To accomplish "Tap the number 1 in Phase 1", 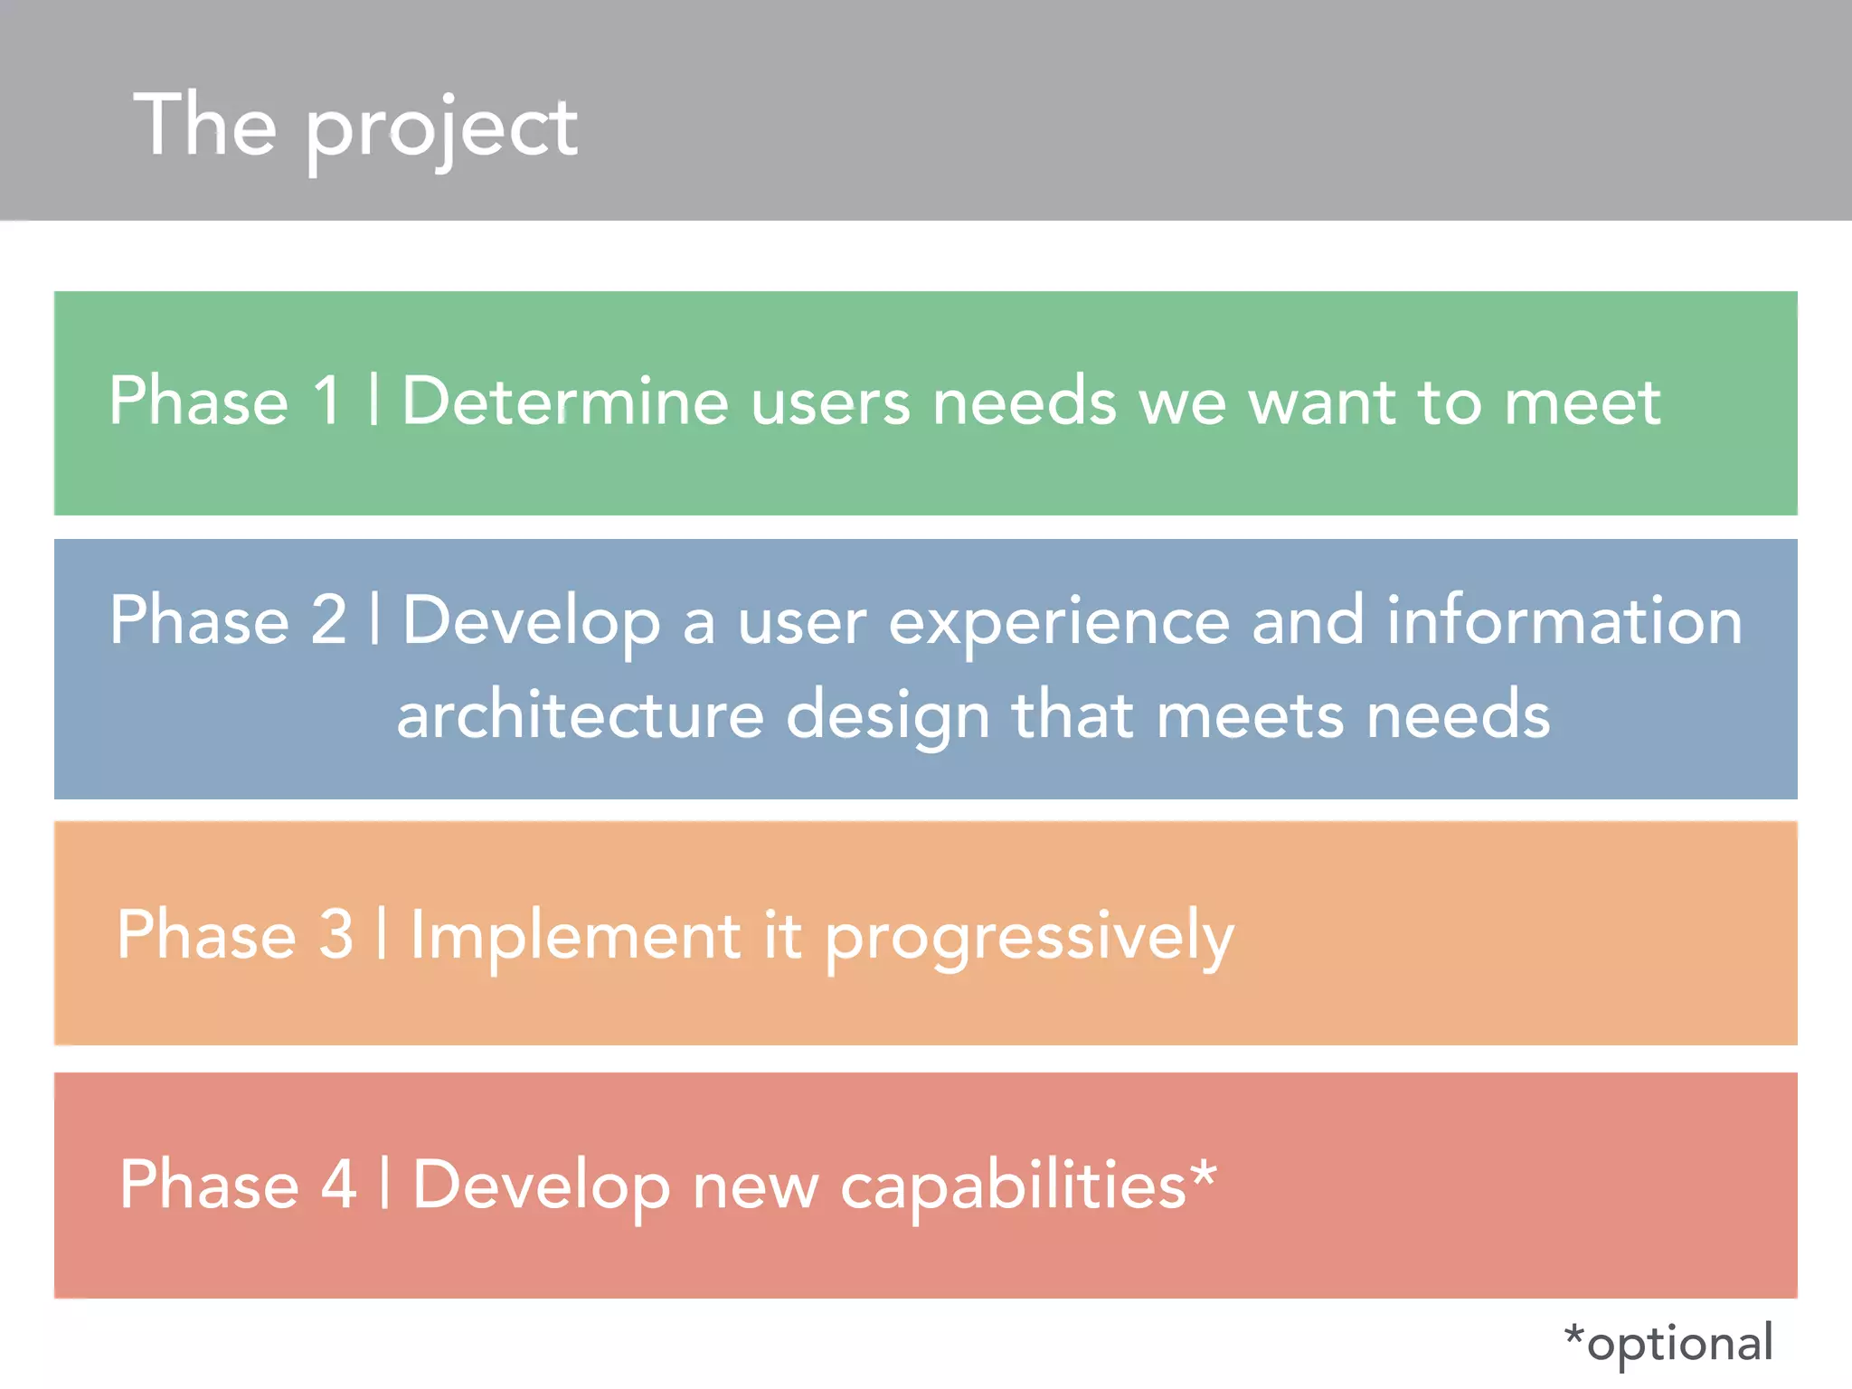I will coord(326,400).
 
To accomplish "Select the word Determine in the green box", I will coord(565,400).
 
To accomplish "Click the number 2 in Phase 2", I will coord(329,620).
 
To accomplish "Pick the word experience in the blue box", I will coord(1059,624).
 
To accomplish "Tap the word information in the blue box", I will coord(1564,620).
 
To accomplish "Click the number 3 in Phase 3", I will coord(335,934).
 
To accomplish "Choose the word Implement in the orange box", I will coord(575,936).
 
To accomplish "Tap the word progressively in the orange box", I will coord(1029,939).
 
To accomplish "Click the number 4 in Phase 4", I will coord(339,1184).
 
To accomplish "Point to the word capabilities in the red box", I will coord(1013,1186).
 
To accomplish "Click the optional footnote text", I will coord(1669,1343).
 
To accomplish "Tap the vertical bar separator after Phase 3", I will coord(382,934).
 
